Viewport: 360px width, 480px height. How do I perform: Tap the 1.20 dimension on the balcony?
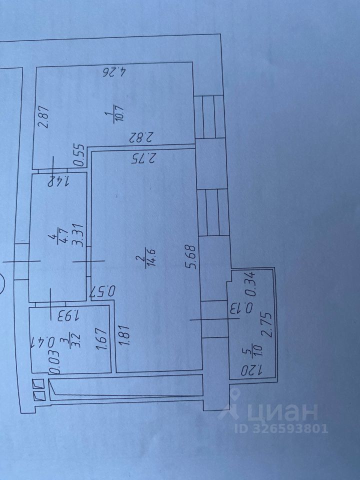(253, 370)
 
